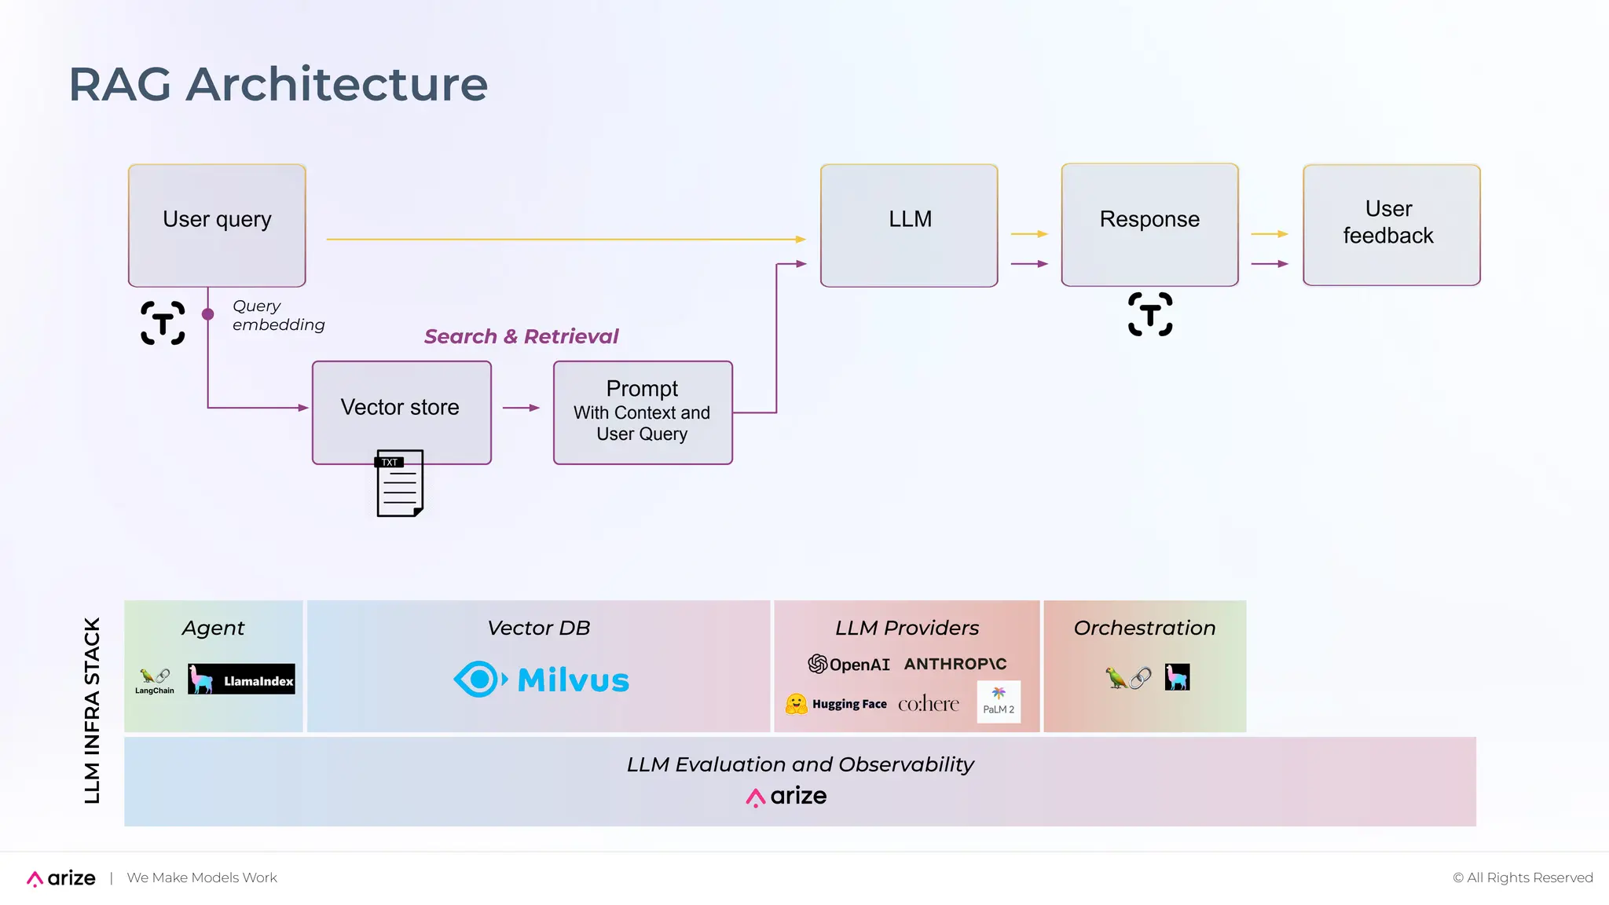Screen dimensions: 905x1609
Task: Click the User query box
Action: (217, 225)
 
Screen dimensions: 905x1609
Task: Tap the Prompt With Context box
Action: (643, 412)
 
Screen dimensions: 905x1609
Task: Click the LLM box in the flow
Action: (909, 225)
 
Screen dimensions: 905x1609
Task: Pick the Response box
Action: (1149, 225)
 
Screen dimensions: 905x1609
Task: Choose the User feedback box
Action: (1391, 225)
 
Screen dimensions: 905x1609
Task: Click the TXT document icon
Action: (400, 483)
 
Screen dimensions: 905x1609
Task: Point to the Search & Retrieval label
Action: (521, 336)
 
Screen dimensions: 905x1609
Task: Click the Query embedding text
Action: (277, 315)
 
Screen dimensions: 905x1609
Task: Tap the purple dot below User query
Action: (208, 314)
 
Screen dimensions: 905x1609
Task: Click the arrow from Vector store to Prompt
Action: (521, 408)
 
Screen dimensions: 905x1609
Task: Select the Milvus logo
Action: (541, 680)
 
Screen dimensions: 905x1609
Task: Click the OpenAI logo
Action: (848, 665)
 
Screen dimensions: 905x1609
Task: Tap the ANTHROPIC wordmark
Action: (955, 664)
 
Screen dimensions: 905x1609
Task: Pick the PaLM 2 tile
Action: (999, 702)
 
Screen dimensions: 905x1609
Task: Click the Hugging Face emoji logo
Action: (796, 704)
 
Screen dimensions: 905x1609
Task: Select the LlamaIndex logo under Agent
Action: (241, 680)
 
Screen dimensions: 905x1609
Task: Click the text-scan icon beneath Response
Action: (1150, 314)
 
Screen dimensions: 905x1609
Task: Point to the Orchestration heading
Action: (1144, 628)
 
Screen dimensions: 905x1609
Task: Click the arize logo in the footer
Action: (61, 878)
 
